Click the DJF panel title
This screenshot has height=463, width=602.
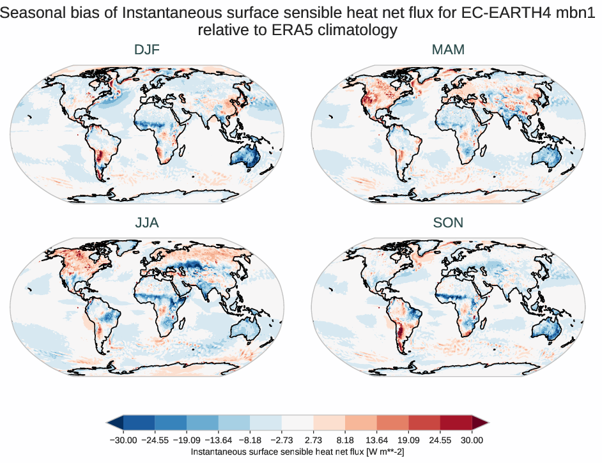pos(147,50)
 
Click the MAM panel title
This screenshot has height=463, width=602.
pos(448,50)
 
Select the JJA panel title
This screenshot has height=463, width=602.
pos(147,223)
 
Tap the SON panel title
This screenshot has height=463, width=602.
pos(448,223)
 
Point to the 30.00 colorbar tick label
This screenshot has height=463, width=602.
pos(472,440)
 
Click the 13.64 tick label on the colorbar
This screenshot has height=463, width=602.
pos(377,440)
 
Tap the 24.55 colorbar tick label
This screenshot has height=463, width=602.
pos(440,440)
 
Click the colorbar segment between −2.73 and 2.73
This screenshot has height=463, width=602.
pos(298,422)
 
